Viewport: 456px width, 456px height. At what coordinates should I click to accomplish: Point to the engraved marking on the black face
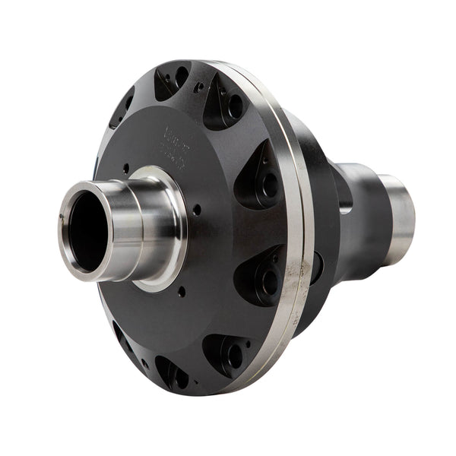[176, 148]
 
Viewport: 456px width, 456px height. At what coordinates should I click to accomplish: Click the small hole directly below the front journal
[181, 290]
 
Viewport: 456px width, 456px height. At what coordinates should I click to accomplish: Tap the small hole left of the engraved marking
[127, 169]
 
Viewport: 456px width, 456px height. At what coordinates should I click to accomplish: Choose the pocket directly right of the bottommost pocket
[226, 351]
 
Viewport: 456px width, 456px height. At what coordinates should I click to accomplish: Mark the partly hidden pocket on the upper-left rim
[122, 106]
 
